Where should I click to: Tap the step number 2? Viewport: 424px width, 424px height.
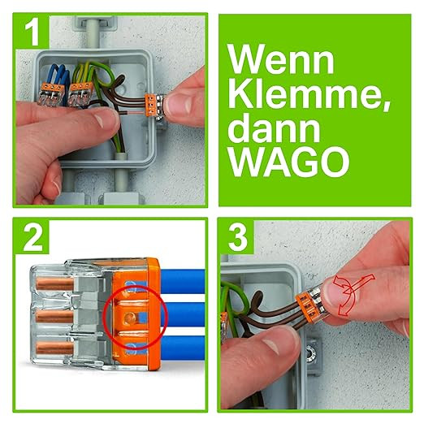(33, 238)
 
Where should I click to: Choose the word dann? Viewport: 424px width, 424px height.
(274, 128)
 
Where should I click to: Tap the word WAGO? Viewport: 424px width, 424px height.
(289, 162)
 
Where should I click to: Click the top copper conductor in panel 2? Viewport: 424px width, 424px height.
(55, 283)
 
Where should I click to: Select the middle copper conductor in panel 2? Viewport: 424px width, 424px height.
(54, 316)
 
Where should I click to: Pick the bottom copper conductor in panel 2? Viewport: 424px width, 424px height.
(55, 348)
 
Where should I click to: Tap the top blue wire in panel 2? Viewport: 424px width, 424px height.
(183, 282)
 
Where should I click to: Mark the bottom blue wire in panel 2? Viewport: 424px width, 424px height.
(183, 348)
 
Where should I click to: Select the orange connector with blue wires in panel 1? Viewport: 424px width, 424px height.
(51, 94)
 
